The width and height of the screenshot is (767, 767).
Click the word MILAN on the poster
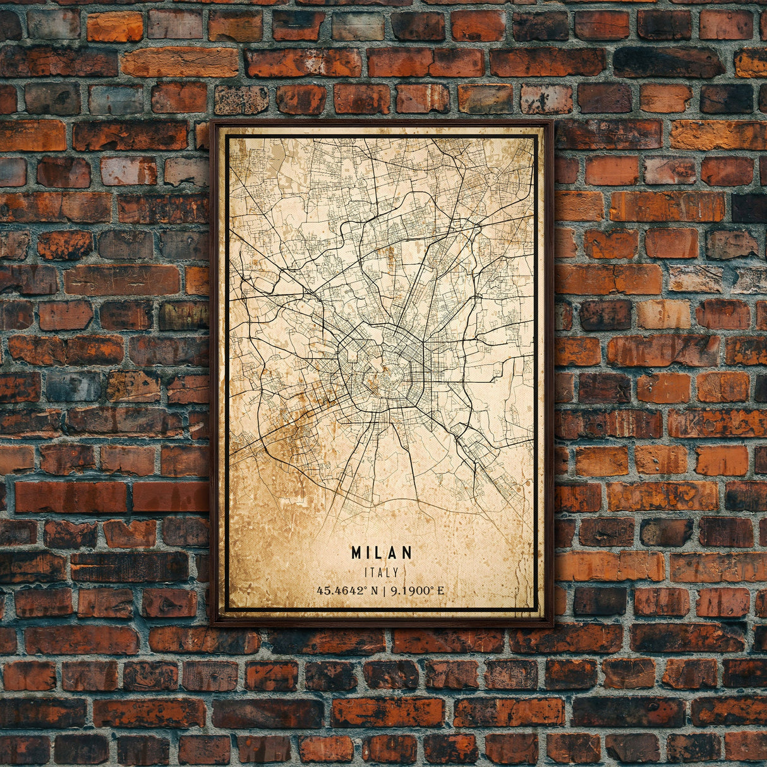(382, 553)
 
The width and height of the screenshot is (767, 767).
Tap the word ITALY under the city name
(382, 572)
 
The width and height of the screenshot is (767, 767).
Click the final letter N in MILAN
(408, 553)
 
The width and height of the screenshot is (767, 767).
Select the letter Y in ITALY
(396, 572)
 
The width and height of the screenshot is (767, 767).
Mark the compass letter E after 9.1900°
(440, 591)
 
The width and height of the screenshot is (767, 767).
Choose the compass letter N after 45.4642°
(375, 591)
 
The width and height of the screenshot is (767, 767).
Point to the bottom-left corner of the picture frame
(212, 625)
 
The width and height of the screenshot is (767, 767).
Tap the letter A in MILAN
(394, 553)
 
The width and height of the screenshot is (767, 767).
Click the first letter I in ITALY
(366, 572)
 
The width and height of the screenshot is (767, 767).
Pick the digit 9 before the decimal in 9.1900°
(394, 591)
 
